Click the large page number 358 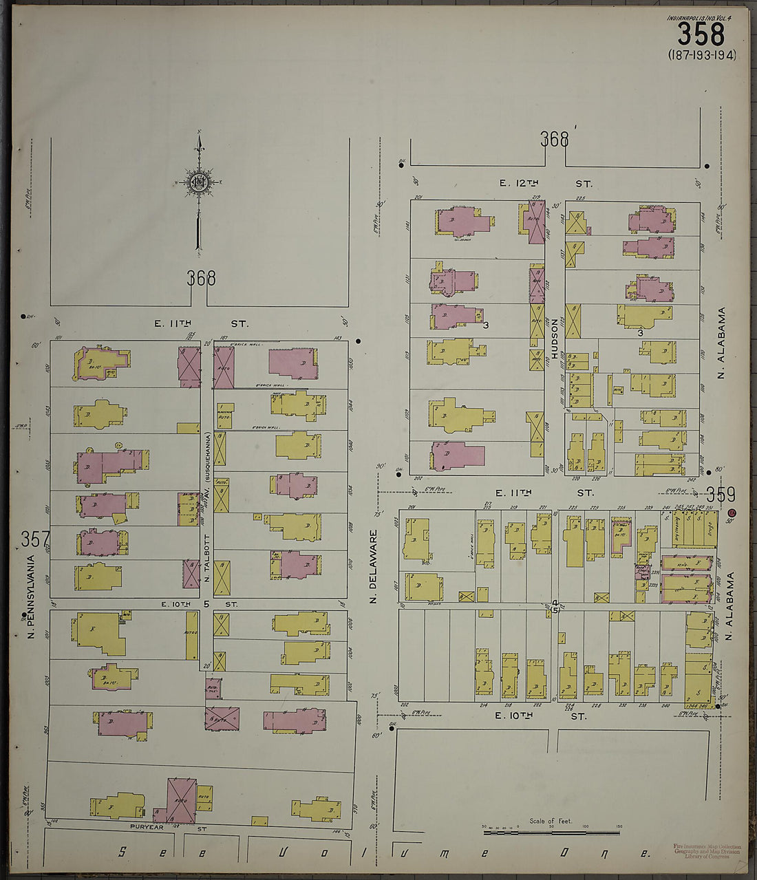click(701, 34)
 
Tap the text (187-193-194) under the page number click(701, 55)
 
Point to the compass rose click(199, 182)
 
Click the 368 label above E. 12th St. click(554, 140)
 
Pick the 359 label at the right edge click(720, 495)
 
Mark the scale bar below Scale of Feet click(551, 833)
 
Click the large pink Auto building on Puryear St click(182, 801)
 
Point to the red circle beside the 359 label click(732, 513)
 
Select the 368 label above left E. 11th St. click(201, 279)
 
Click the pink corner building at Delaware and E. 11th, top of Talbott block click(293, 363)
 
